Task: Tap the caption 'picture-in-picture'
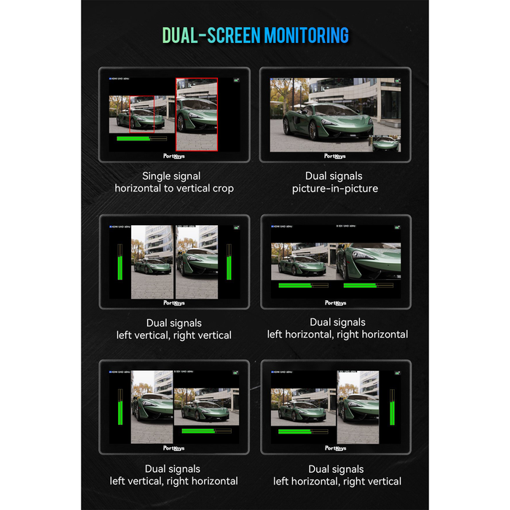(335, 189)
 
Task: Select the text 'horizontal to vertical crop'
(173, 189)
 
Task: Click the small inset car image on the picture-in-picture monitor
(386, 142)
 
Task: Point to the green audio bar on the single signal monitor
(133, 138)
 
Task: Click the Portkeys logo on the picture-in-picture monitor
(335, 156)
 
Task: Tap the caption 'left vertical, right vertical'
(174, 335)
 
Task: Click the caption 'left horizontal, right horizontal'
(337, 334)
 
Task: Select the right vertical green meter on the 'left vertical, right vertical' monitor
(229, 262)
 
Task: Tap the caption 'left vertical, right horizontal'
(174, 481)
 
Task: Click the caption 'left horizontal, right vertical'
(337, 481)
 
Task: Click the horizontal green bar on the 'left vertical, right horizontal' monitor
(194, 431)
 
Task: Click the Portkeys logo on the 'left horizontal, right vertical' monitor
(335, 448)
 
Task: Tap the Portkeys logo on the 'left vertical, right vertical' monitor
(174, 302)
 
